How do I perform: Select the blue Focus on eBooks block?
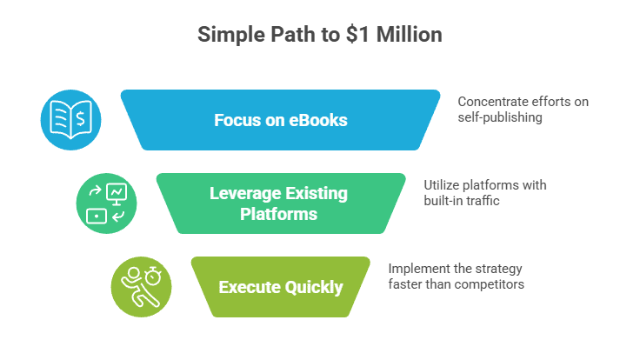point(280,120)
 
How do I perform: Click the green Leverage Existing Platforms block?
point(280,203)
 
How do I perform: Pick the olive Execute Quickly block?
point(280,287)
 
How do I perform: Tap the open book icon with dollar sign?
point(71,120)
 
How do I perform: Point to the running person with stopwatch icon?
point(141,287)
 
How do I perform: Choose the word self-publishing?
point(501,117)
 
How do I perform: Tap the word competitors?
point(491,284)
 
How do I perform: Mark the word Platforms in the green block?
point(280,213)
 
